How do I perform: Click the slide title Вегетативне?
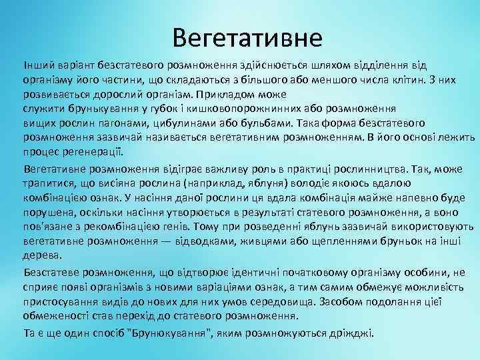click(x=247, y=37)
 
